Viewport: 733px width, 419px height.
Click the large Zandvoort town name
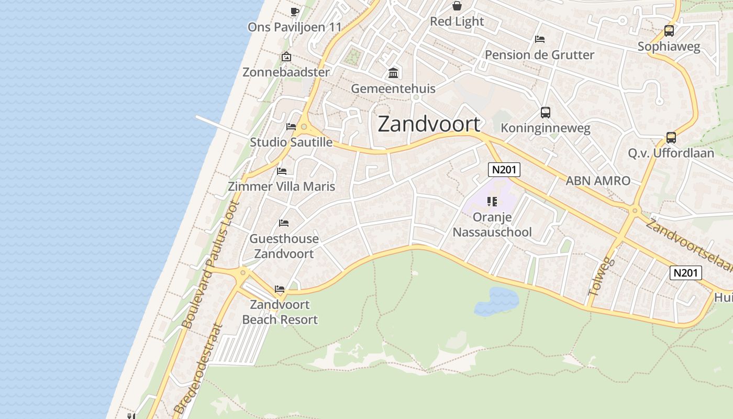click(x=429, y=124)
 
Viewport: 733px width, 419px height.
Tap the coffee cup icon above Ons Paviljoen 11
click(x=295, y=12)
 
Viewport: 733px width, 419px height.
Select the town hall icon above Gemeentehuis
click(x=393, y=73)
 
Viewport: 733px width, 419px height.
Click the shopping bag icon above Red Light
click(x=457, y=6)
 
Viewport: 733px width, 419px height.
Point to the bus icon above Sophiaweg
click(x=669, y=31)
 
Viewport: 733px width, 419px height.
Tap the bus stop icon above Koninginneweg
click(x=546, y=112)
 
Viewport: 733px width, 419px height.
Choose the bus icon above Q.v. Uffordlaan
click(x=671, y=138)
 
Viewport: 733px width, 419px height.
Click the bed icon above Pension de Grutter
click(x=540, y=39)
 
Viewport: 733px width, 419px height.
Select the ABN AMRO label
click(x=598, y=181)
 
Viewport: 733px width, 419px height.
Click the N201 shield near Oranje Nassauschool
click(x=504, y=169)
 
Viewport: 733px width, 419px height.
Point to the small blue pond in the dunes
click(x=496, y=301)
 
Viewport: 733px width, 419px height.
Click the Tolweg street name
click(x=601, y=276)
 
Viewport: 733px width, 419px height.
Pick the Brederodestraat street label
click(x=197, y=369)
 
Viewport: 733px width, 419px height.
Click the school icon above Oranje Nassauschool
click(x=492, y=201)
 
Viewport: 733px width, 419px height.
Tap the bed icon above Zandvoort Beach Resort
click(x=280, y=289)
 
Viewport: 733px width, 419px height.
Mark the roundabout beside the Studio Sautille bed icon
click(x=304, y=126)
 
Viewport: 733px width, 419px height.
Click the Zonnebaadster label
click(x=286, y=72)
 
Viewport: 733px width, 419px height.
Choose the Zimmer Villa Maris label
click(x=281, y=186)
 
